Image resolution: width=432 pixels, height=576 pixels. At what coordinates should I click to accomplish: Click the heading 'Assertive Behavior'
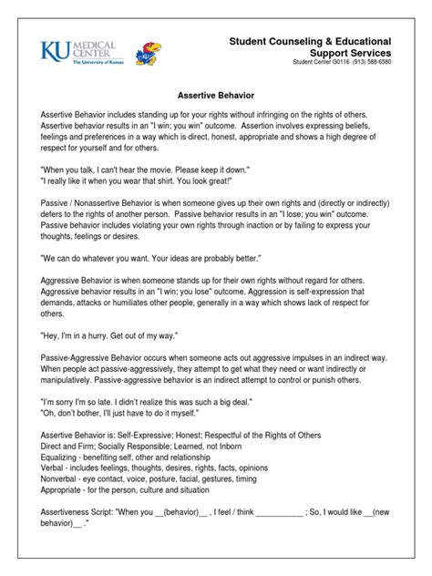point(215,93)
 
